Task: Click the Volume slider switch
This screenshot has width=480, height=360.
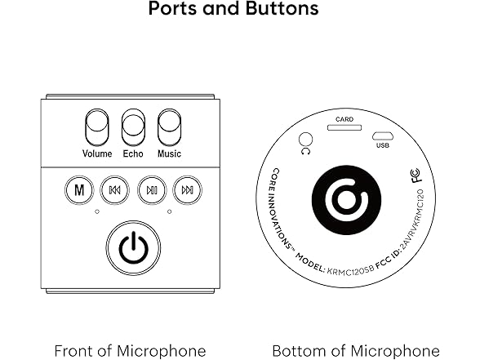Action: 97,128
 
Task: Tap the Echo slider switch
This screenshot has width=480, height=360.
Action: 133,128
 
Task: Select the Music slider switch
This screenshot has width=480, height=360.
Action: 169,128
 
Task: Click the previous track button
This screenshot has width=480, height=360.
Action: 115,190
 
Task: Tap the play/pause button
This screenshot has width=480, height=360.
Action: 152,190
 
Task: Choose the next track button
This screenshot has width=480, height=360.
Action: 188,190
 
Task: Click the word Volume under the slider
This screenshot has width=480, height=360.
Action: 97,153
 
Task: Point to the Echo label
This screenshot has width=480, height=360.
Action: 133,153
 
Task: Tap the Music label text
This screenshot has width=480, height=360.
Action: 169,153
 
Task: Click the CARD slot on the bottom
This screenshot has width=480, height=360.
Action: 345,127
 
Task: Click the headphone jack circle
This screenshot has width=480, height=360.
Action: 307,140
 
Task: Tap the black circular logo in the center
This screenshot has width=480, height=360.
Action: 346,198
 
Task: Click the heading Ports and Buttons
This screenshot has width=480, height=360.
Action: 233,11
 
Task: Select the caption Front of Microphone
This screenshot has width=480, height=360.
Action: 130,351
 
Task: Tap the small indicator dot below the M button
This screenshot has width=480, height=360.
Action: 96,212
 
